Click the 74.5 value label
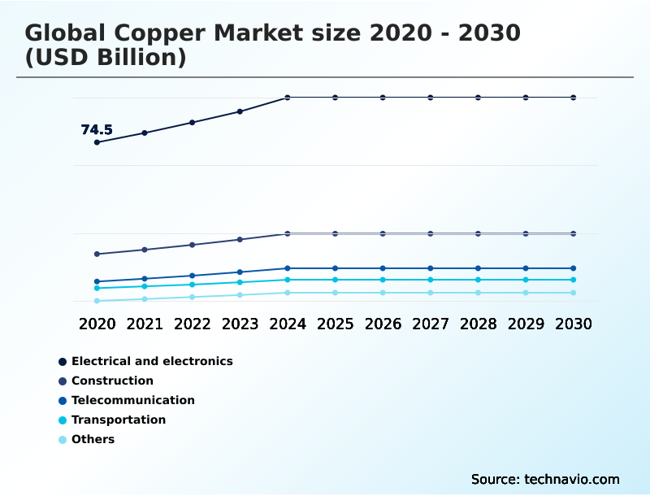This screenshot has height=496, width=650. click(97, 130)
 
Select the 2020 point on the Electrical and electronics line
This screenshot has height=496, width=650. click(97, 142)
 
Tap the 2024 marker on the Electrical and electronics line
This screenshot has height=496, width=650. click(288, 98)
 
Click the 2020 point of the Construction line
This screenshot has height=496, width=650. click(97, 254)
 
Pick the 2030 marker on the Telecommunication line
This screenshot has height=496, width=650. click(573, 268)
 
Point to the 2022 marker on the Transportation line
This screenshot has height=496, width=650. click(193, 285)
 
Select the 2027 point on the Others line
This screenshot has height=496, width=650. click(431, 293)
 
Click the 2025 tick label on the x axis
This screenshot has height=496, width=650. click(335, 324)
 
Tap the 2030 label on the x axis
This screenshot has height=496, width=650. click(573, 324)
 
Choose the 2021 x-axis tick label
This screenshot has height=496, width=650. click(145, 324)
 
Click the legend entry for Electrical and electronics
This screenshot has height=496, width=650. click(152, 361)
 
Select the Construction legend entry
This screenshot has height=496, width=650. click(112, 381)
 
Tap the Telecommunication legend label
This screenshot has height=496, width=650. click(133, 400)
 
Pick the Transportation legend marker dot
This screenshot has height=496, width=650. click(63, 420)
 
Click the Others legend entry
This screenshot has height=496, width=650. click(93, 439)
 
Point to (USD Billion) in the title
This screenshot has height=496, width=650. click(106, 58)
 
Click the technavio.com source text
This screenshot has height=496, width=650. click(571, 479)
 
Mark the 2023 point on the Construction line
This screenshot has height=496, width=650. click(240, 239)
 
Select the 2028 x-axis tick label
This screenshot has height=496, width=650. click(478, 324)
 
